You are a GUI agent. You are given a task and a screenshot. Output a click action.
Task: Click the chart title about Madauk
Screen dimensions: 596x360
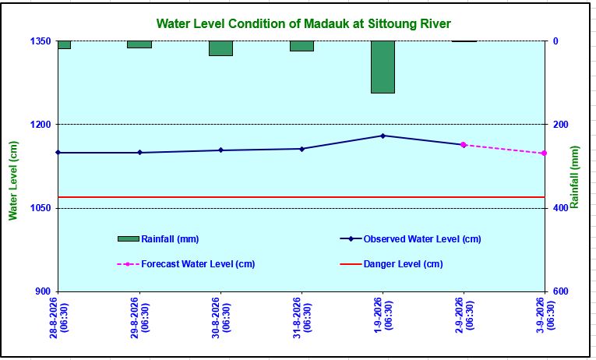click(303, 23)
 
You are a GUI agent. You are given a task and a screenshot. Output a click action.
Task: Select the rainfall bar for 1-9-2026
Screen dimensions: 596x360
click(383, 67)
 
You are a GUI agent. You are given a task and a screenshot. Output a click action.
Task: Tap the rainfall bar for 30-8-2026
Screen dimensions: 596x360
click(220, 48)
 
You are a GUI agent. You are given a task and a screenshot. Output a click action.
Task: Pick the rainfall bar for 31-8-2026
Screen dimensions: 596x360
click(302, 46)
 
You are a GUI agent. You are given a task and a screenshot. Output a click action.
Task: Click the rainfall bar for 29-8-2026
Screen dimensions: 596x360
click(139, 44)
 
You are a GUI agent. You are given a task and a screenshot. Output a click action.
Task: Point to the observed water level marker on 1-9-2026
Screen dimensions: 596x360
click(383, 136)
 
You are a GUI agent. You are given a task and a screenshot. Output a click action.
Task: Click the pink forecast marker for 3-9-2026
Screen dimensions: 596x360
click(545, 154)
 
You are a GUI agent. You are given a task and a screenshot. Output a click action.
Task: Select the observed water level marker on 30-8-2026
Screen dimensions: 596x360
click(220, 150)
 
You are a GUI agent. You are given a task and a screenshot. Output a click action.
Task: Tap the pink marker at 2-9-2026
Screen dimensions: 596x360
click(464, 144)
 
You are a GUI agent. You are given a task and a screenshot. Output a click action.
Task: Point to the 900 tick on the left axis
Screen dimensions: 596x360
click(44, 291)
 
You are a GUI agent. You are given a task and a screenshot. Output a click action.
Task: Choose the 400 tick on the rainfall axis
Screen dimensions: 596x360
click(561, 208)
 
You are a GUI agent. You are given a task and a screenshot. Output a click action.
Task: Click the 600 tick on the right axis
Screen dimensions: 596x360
click(561, 291)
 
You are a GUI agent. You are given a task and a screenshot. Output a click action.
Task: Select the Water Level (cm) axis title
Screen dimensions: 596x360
click(13, 181)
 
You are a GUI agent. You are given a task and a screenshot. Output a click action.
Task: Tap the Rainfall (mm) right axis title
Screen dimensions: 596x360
click(574, 177)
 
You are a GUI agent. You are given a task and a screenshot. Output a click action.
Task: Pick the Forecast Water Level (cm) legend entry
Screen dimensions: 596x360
click(186, 264)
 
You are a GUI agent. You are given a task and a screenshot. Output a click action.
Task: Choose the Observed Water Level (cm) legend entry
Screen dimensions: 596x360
click(411, 239)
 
